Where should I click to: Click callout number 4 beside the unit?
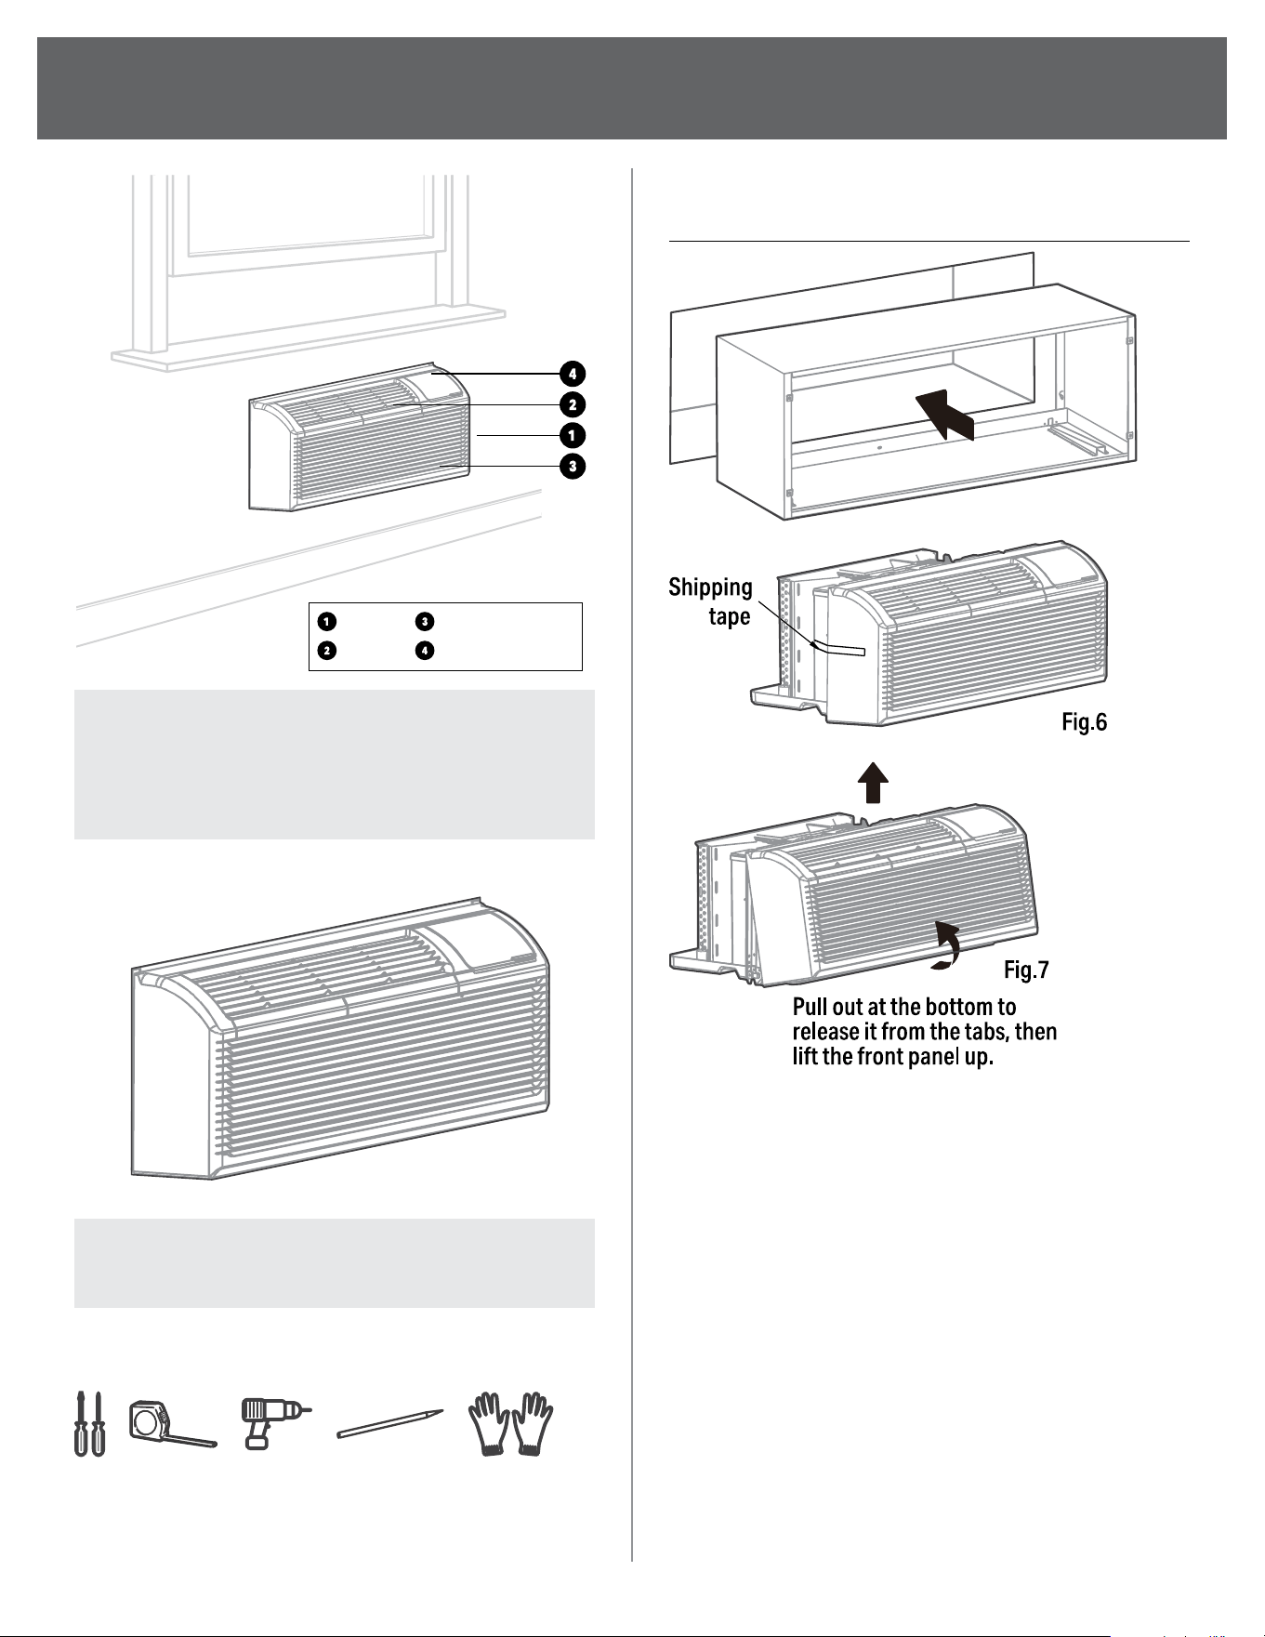click(x=573, y=374)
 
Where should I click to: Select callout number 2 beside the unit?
click(x=573, y=404)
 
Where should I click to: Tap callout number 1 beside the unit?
click(x=573, y=435)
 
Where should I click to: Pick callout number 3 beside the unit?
click(x=573, y=466)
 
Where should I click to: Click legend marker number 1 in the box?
click(x=326, y=620)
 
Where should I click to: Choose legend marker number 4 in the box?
click(x=424, y=650)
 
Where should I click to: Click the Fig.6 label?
click(x=1085, y=722)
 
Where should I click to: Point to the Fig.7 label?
click(x=1026, y=970)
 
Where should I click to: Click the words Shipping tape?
click(x=711, y=601)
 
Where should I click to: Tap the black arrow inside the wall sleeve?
click(x=944, y=415)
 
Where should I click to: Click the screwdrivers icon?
click(x=89, y=1423)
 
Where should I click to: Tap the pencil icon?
click(x=390, y=1424)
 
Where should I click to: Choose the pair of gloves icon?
click(x=510, y=1423)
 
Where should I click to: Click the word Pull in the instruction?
click(x=811, y=1007)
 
